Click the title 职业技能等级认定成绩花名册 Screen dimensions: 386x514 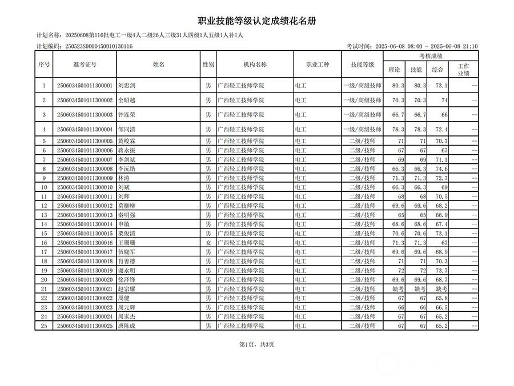[256, 21]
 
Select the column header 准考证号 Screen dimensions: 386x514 [85, 65]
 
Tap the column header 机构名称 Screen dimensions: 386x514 [255, 65]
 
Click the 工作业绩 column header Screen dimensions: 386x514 [463, 70]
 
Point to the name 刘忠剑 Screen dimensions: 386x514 [127, 86]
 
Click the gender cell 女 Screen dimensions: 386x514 [208, 243]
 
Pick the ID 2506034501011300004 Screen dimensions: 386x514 [85, 130]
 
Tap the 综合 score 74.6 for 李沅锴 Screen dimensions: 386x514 [440, 169]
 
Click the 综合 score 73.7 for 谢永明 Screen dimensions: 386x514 [440, 270]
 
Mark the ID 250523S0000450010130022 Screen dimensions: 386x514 [85, 298]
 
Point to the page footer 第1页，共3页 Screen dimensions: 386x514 [256, 344]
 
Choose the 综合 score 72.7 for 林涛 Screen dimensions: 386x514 [440, 178]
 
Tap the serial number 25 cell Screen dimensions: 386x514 [44, 326]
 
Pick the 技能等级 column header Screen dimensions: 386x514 [362, 65]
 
